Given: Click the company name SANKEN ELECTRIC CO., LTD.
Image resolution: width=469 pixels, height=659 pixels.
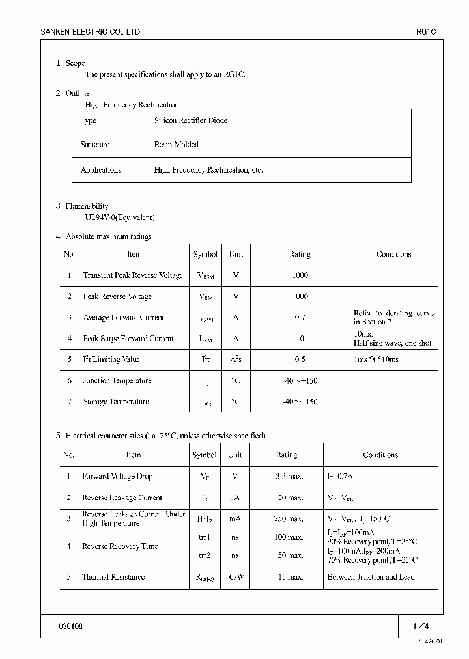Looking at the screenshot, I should pos(91,31).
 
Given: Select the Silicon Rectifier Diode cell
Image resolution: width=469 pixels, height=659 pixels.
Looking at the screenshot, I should pos(191,120).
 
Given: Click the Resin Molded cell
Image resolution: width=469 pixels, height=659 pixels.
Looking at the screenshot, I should pos(177,145).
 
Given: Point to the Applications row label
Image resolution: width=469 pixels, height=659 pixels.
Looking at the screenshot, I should pos(100,170).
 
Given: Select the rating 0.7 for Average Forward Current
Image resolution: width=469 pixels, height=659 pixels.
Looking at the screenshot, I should pos(300,318).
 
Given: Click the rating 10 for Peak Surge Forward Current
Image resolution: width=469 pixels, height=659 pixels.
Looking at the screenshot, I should pos(300,339).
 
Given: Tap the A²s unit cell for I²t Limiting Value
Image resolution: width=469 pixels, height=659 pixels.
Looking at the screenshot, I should pos(236,359).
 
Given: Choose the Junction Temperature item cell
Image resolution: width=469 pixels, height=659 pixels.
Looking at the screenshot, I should pos(117,381).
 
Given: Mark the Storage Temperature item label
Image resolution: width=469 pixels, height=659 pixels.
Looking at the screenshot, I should pos(116,402).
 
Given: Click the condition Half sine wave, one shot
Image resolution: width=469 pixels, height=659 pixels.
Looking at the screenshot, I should pos(392,343).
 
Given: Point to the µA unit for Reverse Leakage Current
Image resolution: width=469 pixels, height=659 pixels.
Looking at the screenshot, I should pos(234,498).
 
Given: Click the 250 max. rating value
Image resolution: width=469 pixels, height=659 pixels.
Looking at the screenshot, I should pos(287,519).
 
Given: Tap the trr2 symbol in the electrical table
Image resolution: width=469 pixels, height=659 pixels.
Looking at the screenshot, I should pos(205,555).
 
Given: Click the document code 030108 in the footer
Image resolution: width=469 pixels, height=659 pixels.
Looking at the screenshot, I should pos(70,626).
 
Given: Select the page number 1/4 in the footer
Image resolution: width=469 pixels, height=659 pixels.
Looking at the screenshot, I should pos(421,626).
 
